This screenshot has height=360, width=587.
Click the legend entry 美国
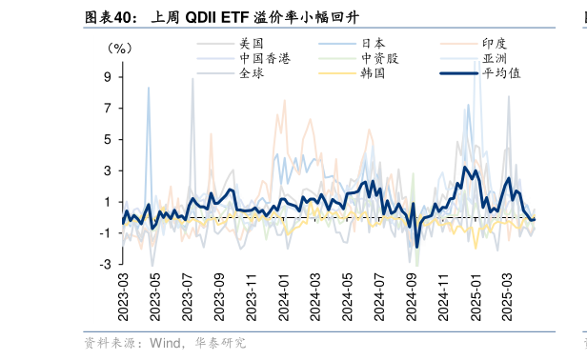(x=252, y=44)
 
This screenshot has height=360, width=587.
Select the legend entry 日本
(x=374, y=44)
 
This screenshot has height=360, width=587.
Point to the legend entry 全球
(x=252, y=72)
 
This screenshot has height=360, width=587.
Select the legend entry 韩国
(x=374, y=72)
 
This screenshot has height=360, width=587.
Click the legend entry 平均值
(x=501, y=72)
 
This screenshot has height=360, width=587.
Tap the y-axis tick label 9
(x=109, y=77)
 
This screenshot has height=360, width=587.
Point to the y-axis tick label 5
(x=109, y=139)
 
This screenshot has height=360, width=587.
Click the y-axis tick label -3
(x=107, y=264)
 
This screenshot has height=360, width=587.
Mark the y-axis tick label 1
(x=109, y=202)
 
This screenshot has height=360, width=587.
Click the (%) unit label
(x=120, y=48)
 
